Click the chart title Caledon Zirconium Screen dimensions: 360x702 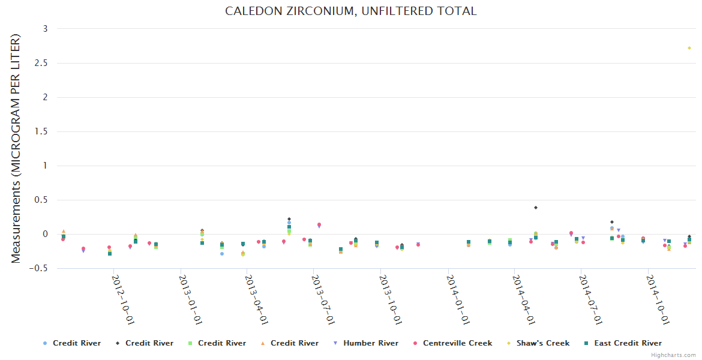(350, 11)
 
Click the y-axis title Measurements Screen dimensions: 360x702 (16, 149)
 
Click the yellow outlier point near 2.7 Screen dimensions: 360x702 (689, 48)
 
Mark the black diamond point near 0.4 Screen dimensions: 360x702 (535, 208)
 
